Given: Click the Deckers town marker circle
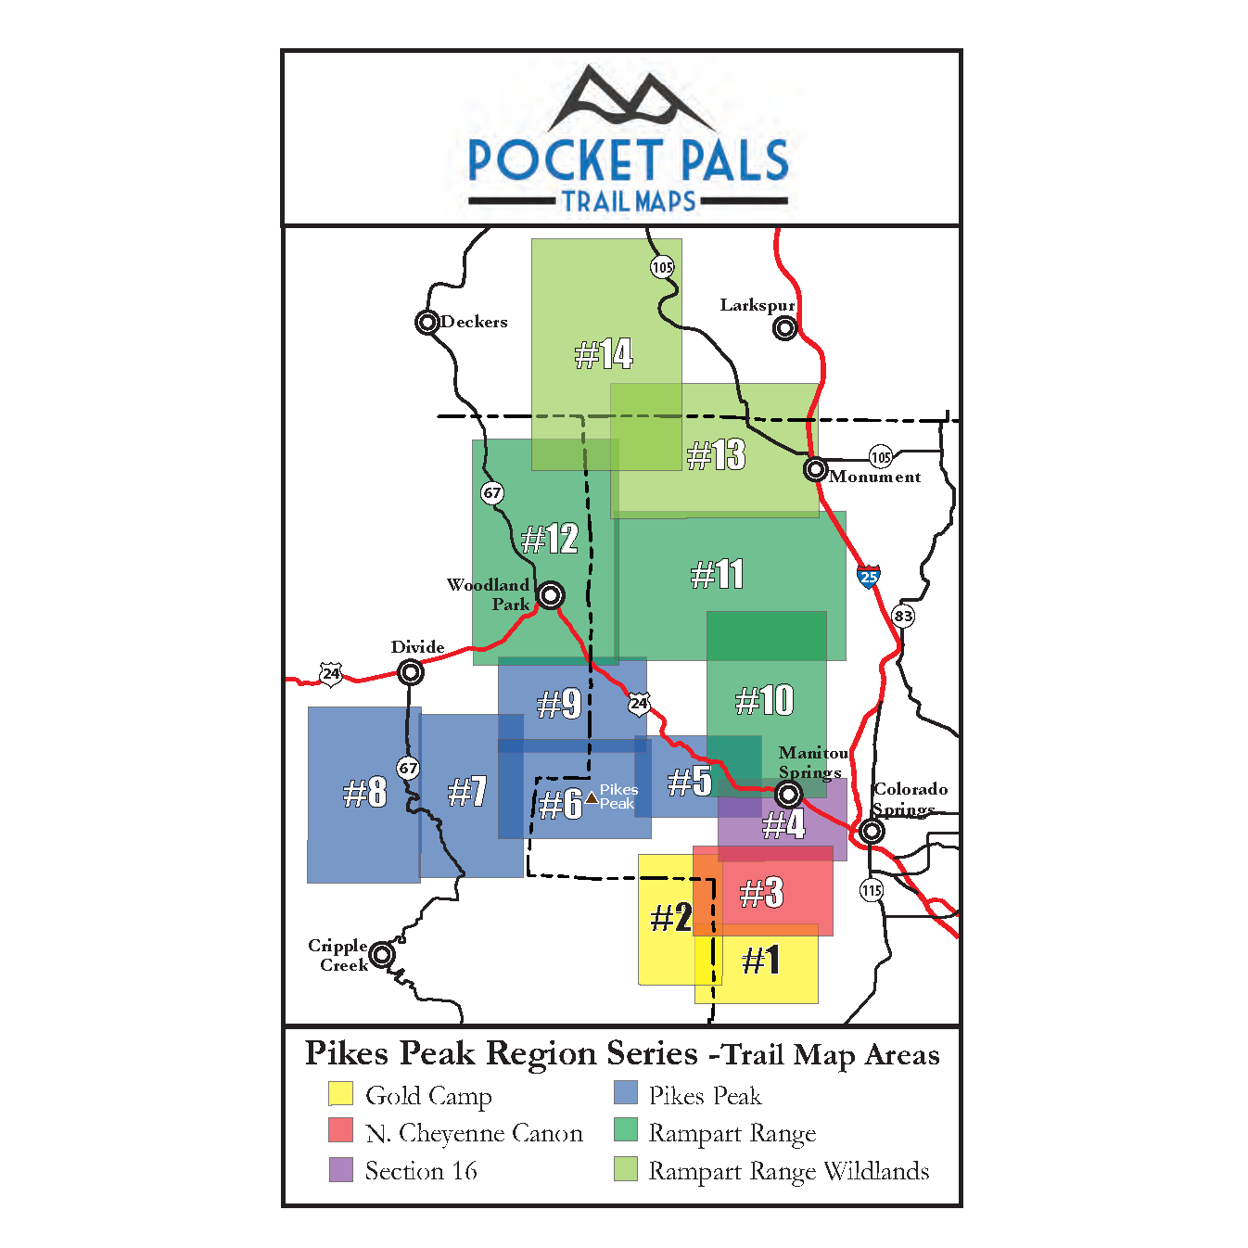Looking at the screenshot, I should coord(427,323).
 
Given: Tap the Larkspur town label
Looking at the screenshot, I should coord(757,305).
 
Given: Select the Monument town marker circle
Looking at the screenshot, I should coord(815,469).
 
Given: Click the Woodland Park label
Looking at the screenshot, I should coord(489,594).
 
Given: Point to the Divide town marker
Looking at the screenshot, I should coord(410,672).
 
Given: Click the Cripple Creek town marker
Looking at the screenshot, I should coord(382,954).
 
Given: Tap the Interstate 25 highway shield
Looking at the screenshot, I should coord(869,577).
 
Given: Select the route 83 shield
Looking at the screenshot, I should coord(902,616).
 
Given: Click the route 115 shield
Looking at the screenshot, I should coord(872,890).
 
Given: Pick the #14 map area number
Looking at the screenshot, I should coord(604,353).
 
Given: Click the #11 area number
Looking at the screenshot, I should coord(718,574).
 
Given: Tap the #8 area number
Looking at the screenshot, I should coord(364,793).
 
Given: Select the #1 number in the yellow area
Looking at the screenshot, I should coord(761,961).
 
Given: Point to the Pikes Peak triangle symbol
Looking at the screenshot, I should coord(592,797).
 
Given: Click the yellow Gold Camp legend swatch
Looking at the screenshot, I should coord(340,1094).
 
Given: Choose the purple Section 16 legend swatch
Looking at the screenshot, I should coord(340,1169).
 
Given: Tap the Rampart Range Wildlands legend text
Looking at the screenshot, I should coord(788,1171).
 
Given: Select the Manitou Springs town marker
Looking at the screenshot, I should coord(788,795).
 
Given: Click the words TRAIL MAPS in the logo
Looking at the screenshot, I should coord(629,201).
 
